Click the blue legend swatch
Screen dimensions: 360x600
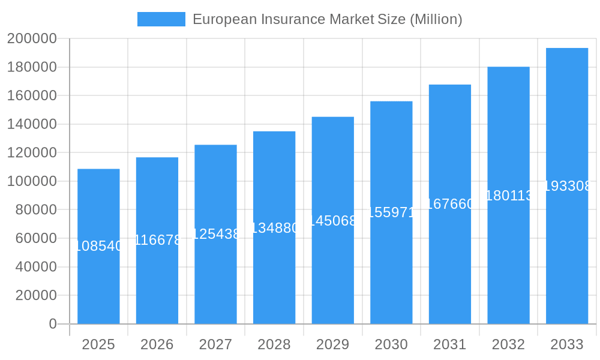point(161,19)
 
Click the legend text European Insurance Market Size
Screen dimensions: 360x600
point(327,19)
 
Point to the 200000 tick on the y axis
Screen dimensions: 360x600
point(32,39)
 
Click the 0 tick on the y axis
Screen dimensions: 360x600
point(53,324)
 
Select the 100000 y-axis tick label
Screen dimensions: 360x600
point(32,181)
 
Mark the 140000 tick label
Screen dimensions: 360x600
point(32,124)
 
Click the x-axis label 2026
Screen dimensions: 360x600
point(157,344)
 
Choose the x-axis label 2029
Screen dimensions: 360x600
point(332,344)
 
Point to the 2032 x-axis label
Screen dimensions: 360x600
point(508,344)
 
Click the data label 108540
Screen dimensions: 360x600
point(98,246)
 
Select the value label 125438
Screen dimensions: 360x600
point(215,234)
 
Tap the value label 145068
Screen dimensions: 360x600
point(332,221)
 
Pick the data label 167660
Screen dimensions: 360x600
point(450,204)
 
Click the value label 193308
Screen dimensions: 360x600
point(567,186)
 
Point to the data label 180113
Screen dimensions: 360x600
point(508,196)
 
